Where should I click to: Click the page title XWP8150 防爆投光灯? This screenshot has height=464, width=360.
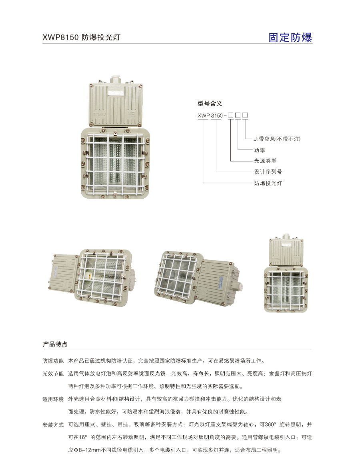[x=82, y=38]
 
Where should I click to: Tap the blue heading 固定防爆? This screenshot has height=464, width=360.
[x=290, y=38]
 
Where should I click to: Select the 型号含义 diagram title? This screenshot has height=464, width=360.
[x=210, y=103]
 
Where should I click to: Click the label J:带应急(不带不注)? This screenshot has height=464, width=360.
[x=277, y=139]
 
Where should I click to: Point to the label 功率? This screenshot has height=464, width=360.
[x=260, y=150]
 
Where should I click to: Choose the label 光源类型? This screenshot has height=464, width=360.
[x=265, y=161]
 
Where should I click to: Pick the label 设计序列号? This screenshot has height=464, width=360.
[x=268, y=172]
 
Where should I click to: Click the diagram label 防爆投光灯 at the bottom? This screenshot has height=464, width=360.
[x=268, y=183]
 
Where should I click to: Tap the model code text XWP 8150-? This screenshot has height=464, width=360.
[x=211, y=116]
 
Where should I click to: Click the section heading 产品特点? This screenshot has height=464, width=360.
[x=55, y=344]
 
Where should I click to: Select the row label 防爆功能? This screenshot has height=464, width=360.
[x=53, y=361]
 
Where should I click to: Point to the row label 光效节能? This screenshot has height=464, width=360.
[x=53, y=374]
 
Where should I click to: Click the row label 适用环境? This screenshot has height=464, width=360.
[x=53, y=399]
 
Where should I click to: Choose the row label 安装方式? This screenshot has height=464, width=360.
[x=53, y=424]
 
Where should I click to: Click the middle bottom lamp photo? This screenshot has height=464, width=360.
[x=196, y=278]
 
